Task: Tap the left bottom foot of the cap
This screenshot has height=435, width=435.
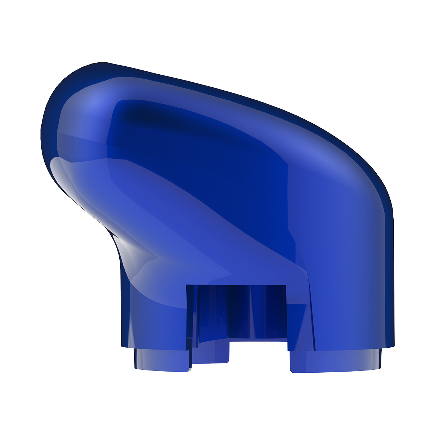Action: click(x=161, y=359)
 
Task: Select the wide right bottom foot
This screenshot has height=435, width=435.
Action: click(x=335, y=361)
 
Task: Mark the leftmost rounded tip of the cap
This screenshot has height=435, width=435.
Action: click(x=41, y=130)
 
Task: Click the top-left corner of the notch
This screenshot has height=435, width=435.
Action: click(x=187, y=286)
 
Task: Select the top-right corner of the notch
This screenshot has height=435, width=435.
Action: click(x=286, y=286)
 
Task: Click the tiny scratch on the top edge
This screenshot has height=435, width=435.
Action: click(x=145, y=77)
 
